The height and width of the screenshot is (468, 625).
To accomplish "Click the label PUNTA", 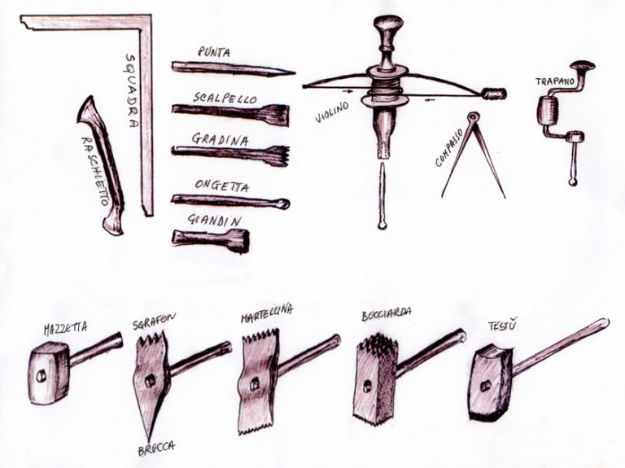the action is (214, 53).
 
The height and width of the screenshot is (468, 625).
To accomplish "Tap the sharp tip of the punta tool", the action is (294, 73).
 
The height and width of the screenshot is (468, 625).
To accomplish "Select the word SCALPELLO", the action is (225, 98).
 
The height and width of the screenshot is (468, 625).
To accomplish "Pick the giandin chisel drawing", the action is (211, 241).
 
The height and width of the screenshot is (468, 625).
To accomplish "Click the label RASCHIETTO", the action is (95, 171).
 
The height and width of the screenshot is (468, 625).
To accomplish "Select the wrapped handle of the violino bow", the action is (495, 94).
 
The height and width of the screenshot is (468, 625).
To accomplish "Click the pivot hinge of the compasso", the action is (473, 117).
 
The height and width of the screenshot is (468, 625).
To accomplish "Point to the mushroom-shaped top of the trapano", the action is (583, 65).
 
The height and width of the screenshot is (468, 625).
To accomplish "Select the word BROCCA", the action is (156, 448).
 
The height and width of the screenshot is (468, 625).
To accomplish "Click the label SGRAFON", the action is (155, 321).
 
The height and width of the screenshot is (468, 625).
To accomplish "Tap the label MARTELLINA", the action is (267, 313).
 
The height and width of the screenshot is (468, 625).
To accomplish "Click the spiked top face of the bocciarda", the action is (376, 343).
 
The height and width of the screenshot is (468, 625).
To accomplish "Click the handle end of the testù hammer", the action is (604, 323).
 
